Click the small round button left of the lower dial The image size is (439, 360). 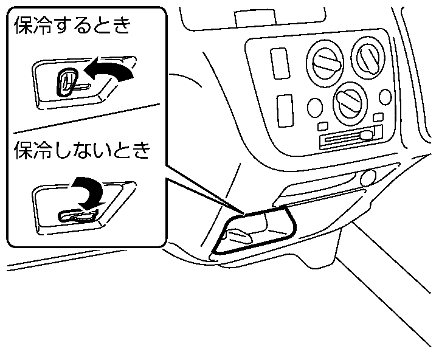click(315, 108)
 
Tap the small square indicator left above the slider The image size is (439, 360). click(323, 125)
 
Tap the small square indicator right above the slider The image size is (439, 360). click(379, 116)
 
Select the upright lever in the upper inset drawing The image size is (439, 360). click(66, 81)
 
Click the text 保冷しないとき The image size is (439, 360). click(81, 151)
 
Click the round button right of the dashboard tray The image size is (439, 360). click(368, 178)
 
